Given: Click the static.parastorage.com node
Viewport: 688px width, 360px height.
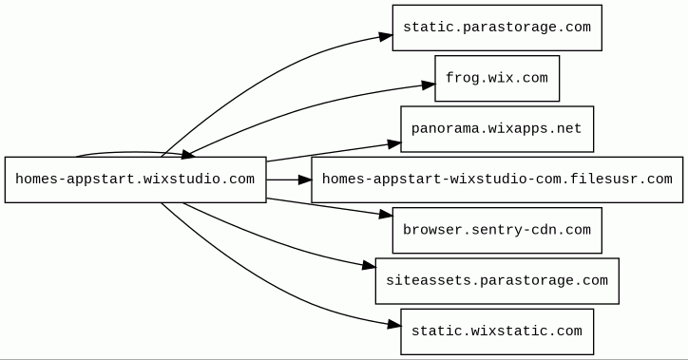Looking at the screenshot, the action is pyautogui.click(x=497, y=28).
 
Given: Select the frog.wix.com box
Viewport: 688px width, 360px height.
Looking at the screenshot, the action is pyautogui.click(x=497, y=79).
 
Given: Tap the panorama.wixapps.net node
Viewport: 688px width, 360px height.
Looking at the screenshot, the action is pyautogui.click(x=497, y=129).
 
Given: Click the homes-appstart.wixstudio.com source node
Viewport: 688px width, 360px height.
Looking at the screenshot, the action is pyautogui.click(x=136, y=180).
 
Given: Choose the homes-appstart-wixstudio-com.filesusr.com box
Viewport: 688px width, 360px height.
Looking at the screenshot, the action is pyautogui.click(x=497, y=180).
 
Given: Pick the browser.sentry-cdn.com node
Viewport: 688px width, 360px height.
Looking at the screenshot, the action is pyautogui.click(x=497, y=230).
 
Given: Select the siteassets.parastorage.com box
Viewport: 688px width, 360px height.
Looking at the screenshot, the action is pyautogui.click(x=497, y=281).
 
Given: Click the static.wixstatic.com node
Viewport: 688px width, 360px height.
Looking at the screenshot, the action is pyautogui.click(x=497, y=332).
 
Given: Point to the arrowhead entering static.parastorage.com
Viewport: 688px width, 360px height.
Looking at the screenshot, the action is pyautogui.click(x=386, y=36).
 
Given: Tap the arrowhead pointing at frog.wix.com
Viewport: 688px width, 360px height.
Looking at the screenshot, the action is pyautogui.click(x=429, y=85).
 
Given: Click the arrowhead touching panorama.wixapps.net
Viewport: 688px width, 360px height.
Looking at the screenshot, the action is pyautogui.click(x=394, y=143).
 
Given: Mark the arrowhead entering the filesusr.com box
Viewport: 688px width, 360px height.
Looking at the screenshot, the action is pyautogui.click(x=305, y=180).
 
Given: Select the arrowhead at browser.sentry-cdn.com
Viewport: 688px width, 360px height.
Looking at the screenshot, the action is pyautogui.click(x=386, y=215).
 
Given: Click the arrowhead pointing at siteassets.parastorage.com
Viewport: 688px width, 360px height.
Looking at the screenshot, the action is pyautogui.click(x=369, y=265).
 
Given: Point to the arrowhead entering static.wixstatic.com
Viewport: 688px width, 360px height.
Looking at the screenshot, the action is pyautogui.click(x=394, y=325).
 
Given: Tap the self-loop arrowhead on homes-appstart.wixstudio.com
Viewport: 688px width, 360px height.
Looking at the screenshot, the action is pyautogui.click(x=188, y=154).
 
